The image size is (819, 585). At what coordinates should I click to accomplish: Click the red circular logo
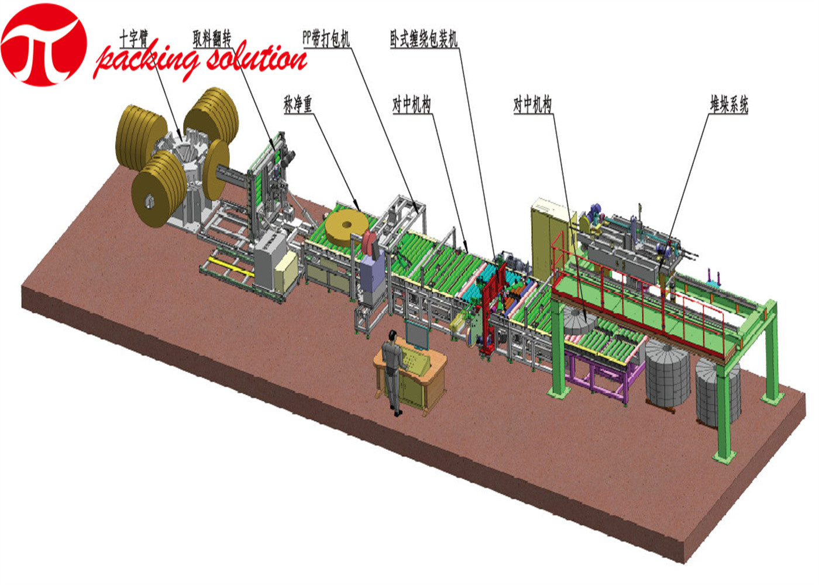point(44,44)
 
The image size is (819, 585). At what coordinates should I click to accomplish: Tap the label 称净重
point(298,104)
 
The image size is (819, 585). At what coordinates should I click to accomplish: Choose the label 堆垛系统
point(729,105)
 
